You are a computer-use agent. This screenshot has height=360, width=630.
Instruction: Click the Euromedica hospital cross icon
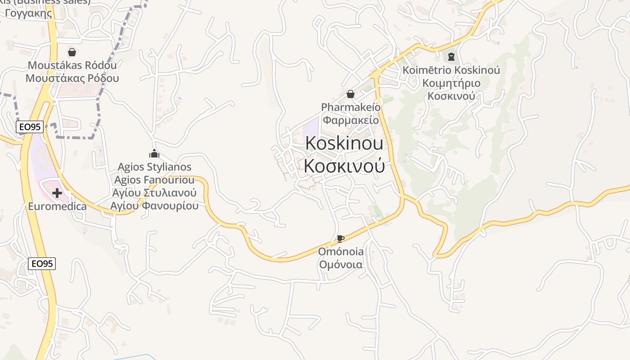click(57, 193)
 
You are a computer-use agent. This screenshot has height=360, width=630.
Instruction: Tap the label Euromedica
click(57, 207)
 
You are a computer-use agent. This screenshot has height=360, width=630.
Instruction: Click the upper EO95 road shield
click(30, 127)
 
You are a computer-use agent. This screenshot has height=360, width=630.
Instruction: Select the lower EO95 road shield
click(42, 264)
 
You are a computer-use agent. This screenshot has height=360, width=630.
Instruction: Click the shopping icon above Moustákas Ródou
click(72, 52)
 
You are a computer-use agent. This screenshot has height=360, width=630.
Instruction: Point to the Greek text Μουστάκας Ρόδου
click(72, 78)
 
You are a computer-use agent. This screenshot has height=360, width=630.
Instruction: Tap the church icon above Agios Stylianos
click(154, 154)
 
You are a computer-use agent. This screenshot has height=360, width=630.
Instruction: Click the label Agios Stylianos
click(154, 167)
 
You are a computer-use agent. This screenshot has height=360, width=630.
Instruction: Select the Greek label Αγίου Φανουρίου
click(154, 206)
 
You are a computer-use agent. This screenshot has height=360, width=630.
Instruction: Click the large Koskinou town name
click(344, 143)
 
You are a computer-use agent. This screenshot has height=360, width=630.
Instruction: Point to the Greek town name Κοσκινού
click(344, 166)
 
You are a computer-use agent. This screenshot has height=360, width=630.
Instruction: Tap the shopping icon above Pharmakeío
click(351, 94)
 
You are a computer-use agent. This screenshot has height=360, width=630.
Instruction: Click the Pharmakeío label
click(351, 108)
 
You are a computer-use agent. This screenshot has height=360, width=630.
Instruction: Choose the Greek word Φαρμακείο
click(351, 120)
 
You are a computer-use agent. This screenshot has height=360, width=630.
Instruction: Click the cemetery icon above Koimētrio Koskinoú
click(451, 57)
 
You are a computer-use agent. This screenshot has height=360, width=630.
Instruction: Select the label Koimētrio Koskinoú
click(451, 71)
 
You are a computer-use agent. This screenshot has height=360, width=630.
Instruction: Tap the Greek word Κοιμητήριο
click(451, 83)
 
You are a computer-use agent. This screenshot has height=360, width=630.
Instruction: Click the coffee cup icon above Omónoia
click(341, 238)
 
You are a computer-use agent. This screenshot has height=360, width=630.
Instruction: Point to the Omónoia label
click(341, 252)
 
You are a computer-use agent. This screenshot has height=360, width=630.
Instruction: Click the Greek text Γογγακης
click(29, 13)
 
